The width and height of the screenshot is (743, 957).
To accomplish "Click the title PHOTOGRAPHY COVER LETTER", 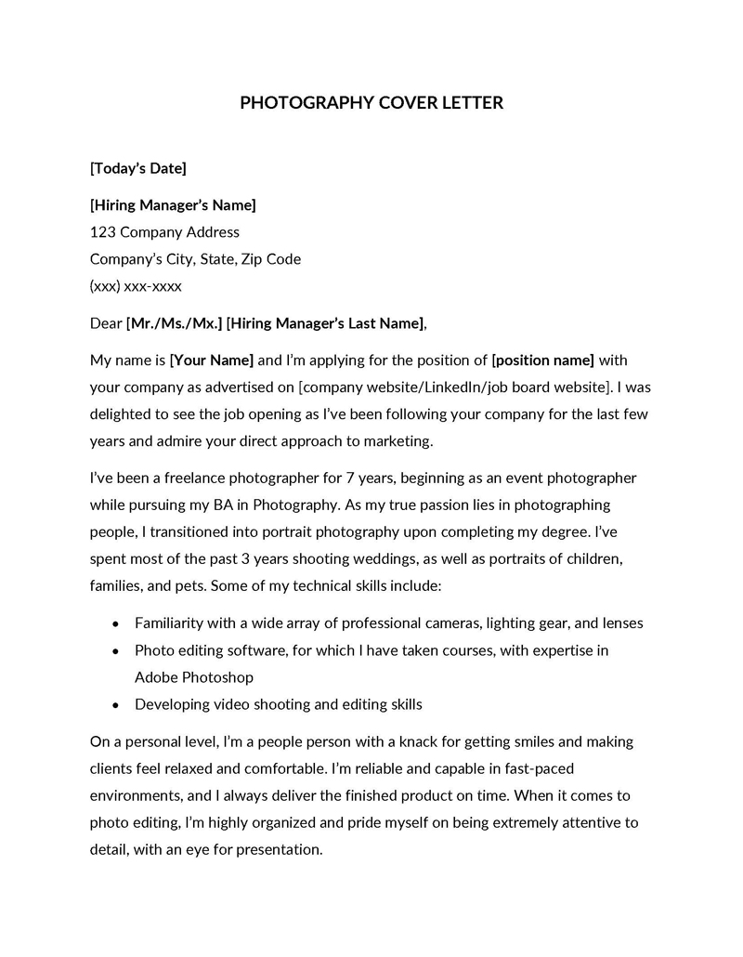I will (371, 102).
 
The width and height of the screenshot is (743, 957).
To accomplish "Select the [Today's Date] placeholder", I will (137, 168).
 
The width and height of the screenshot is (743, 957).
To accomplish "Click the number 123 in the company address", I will (102, 232).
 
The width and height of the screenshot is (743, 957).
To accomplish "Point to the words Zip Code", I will (271, 259).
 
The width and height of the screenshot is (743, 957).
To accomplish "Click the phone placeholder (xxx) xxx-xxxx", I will (136, 286).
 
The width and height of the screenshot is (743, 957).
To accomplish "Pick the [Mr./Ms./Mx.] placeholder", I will (174, 323).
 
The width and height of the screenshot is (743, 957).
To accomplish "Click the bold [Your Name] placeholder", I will (212, 360).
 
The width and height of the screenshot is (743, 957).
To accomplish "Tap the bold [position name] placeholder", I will (542, 360).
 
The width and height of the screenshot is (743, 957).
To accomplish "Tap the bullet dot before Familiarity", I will (115, 623).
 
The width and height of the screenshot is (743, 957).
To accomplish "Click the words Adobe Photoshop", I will (194, 677).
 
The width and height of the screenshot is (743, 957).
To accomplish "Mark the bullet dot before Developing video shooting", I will (115, 705).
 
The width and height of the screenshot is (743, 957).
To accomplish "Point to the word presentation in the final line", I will (278, 849).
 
